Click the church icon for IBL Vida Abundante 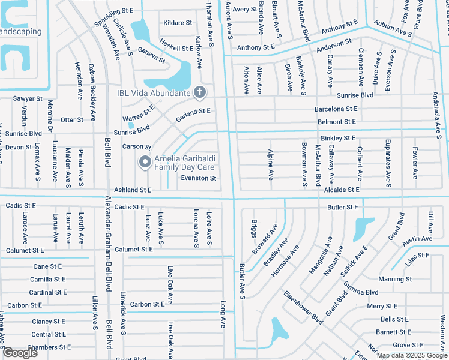[x=200, y=92]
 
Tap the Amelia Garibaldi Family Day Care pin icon [x=144, y=161]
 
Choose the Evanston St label [x=199, y=178]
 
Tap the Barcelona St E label [x=336, y=109]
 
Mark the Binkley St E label [x=338, y=138]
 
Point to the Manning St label [x=395, y=279]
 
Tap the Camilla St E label [x=47, y=279]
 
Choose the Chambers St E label [x=50, y=347]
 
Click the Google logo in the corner [x=20, y=353]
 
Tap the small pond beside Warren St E [x=131, y=125]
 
